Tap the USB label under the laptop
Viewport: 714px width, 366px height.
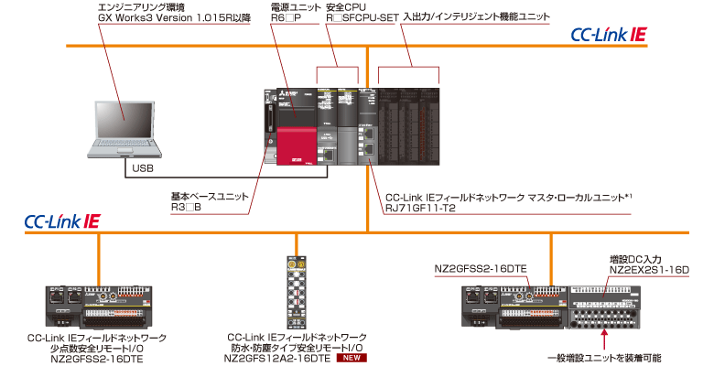(143, 169)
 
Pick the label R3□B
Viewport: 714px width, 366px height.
(189, 209)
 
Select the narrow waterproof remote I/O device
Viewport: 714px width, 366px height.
(297, 287)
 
